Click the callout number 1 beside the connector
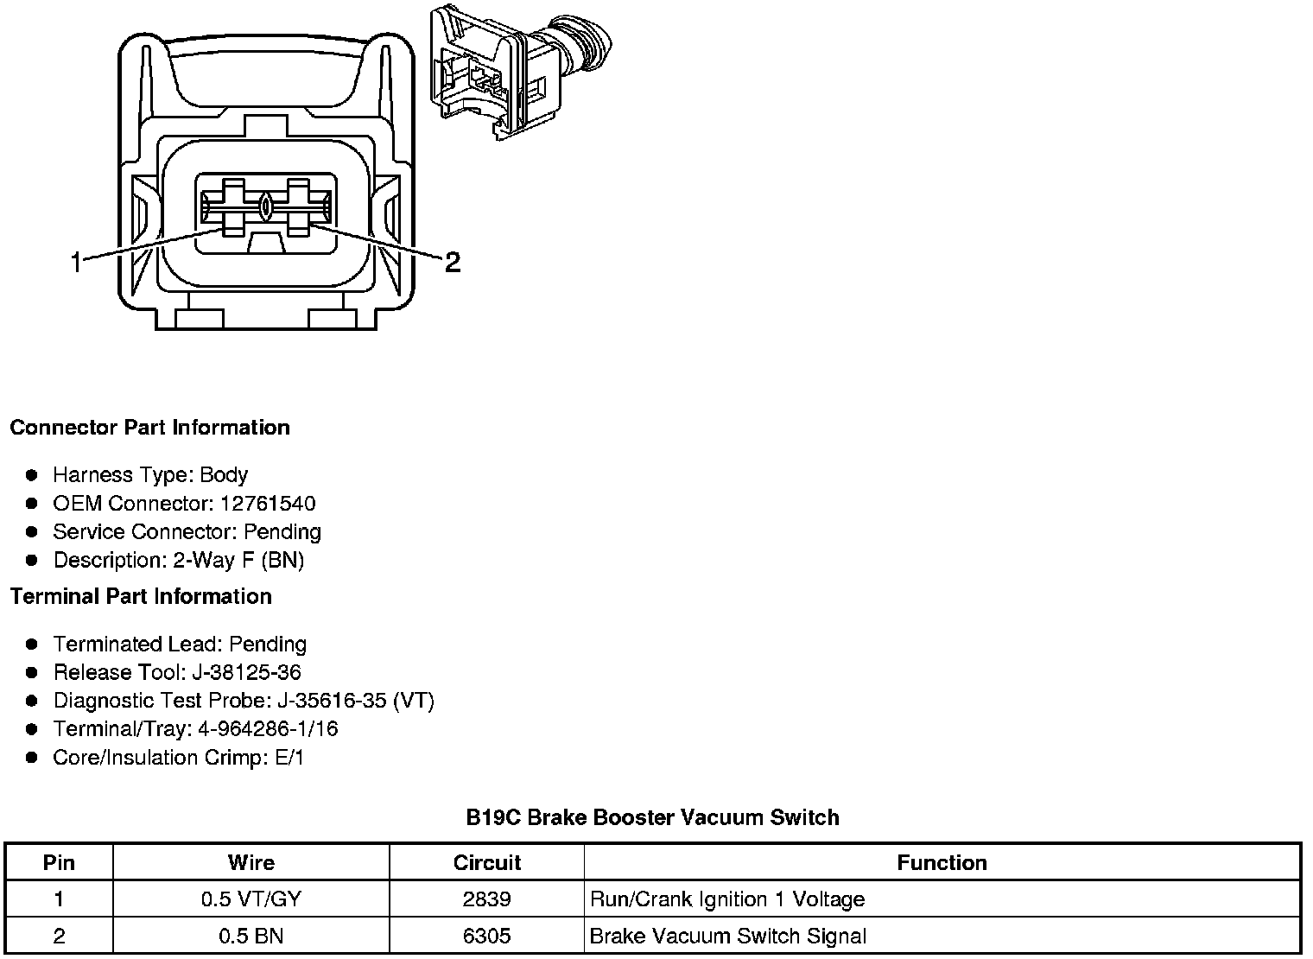click(77, 262)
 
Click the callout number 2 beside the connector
click(453, 262)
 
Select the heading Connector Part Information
click(149, 428)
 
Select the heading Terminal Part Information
click(141, 597)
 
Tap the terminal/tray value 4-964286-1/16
click(268, 729)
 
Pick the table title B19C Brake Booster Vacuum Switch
click(652, 817)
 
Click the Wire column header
click(251, 863)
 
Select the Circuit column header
click(486, 863)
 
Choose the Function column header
click(942, 863)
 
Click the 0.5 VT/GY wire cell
click(251, 899)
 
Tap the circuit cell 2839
click(486, 899)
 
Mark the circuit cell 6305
click(486, 937)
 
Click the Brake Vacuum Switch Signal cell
click(727, 937)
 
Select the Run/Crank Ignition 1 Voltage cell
click(726, 899)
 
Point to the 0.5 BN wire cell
click(251, 937)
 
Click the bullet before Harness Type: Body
click(32, 475)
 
